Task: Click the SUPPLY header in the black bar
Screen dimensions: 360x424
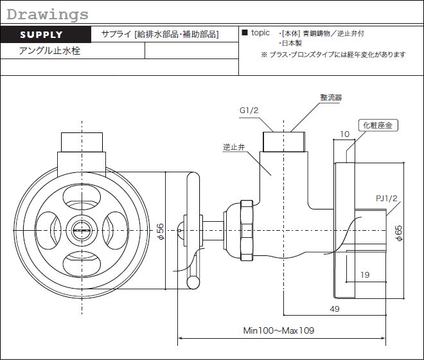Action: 42,35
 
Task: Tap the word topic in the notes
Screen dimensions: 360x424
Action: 261,33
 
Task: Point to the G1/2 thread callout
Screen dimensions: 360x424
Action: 249,111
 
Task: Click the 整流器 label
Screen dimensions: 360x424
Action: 331,98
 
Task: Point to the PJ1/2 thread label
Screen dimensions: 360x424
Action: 388,198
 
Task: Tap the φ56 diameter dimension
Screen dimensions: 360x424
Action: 161,231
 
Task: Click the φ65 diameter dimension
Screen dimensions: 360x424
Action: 398,232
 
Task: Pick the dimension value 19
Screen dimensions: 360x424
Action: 364,274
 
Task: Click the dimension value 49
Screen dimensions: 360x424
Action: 333,309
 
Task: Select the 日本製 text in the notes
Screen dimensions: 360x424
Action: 296,43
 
